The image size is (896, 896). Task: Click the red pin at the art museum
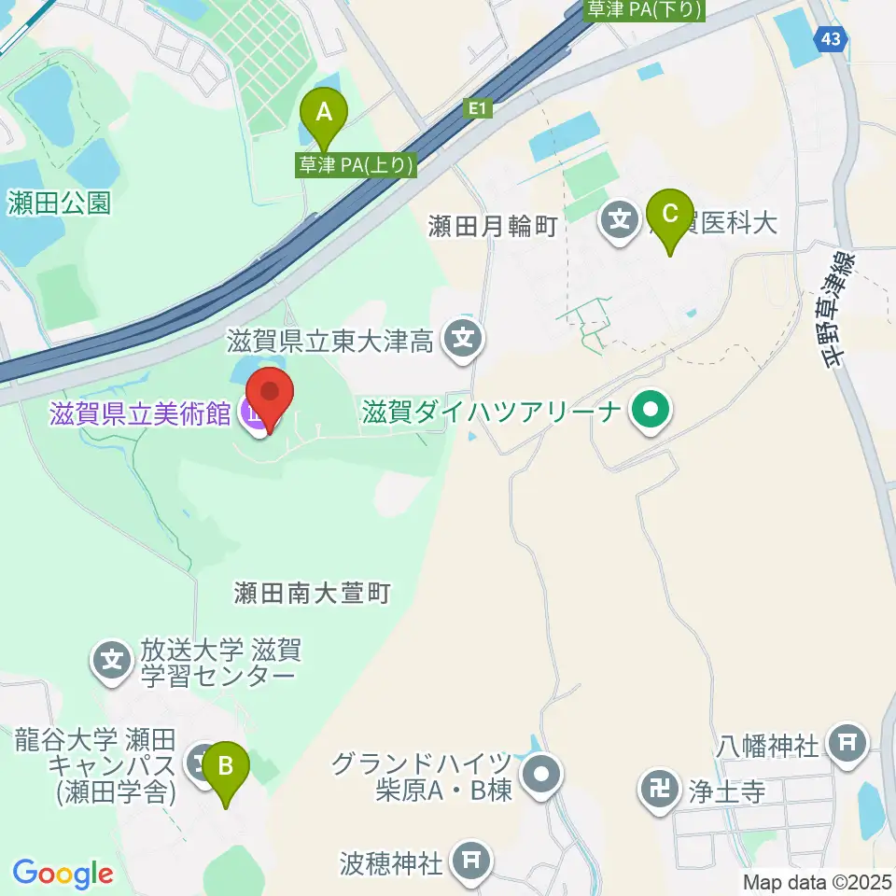pos(270,399)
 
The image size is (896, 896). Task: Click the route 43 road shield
pos(830,38)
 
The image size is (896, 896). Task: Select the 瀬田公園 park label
pos(58,203)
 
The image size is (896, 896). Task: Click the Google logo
pos(63,875)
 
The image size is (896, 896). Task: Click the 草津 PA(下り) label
pos(645,9)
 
